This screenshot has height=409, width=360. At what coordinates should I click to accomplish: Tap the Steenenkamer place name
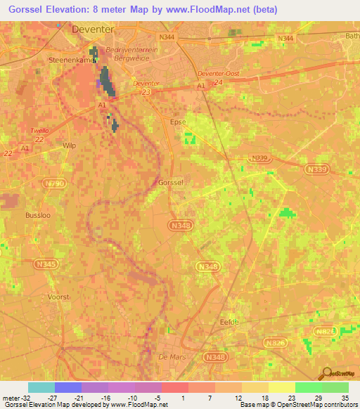72,60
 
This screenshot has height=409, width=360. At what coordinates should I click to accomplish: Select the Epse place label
179,122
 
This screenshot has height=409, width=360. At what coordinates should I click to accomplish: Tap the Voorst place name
58,297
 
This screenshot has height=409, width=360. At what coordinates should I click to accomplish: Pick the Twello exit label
39,131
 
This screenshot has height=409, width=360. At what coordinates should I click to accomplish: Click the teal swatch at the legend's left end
41,387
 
